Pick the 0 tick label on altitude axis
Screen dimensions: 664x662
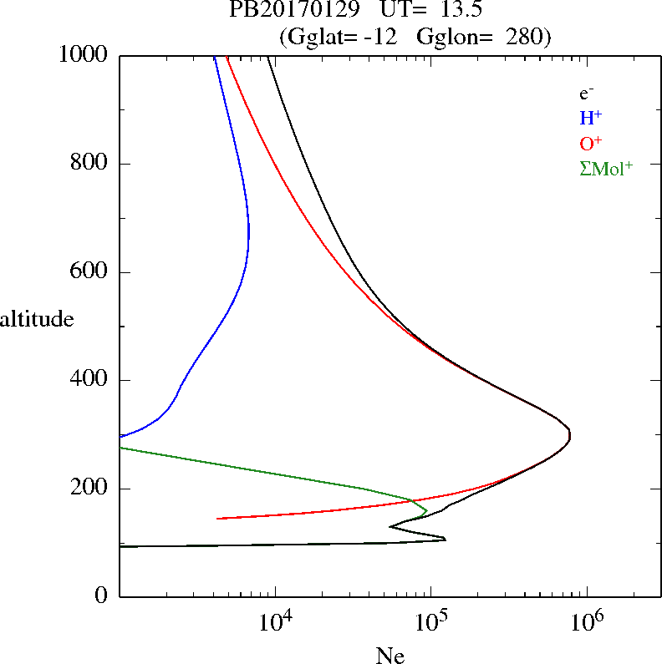(103, 596)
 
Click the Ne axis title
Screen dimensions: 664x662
(390, 655)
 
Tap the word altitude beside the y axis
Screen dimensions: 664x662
(37, 318)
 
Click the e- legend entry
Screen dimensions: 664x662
(587, 94)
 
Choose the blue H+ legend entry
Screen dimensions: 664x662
(591, 118)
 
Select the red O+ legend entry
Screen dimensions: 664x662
(591, 143)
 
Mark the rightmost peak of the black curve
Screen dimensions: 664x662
(570, 435)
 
